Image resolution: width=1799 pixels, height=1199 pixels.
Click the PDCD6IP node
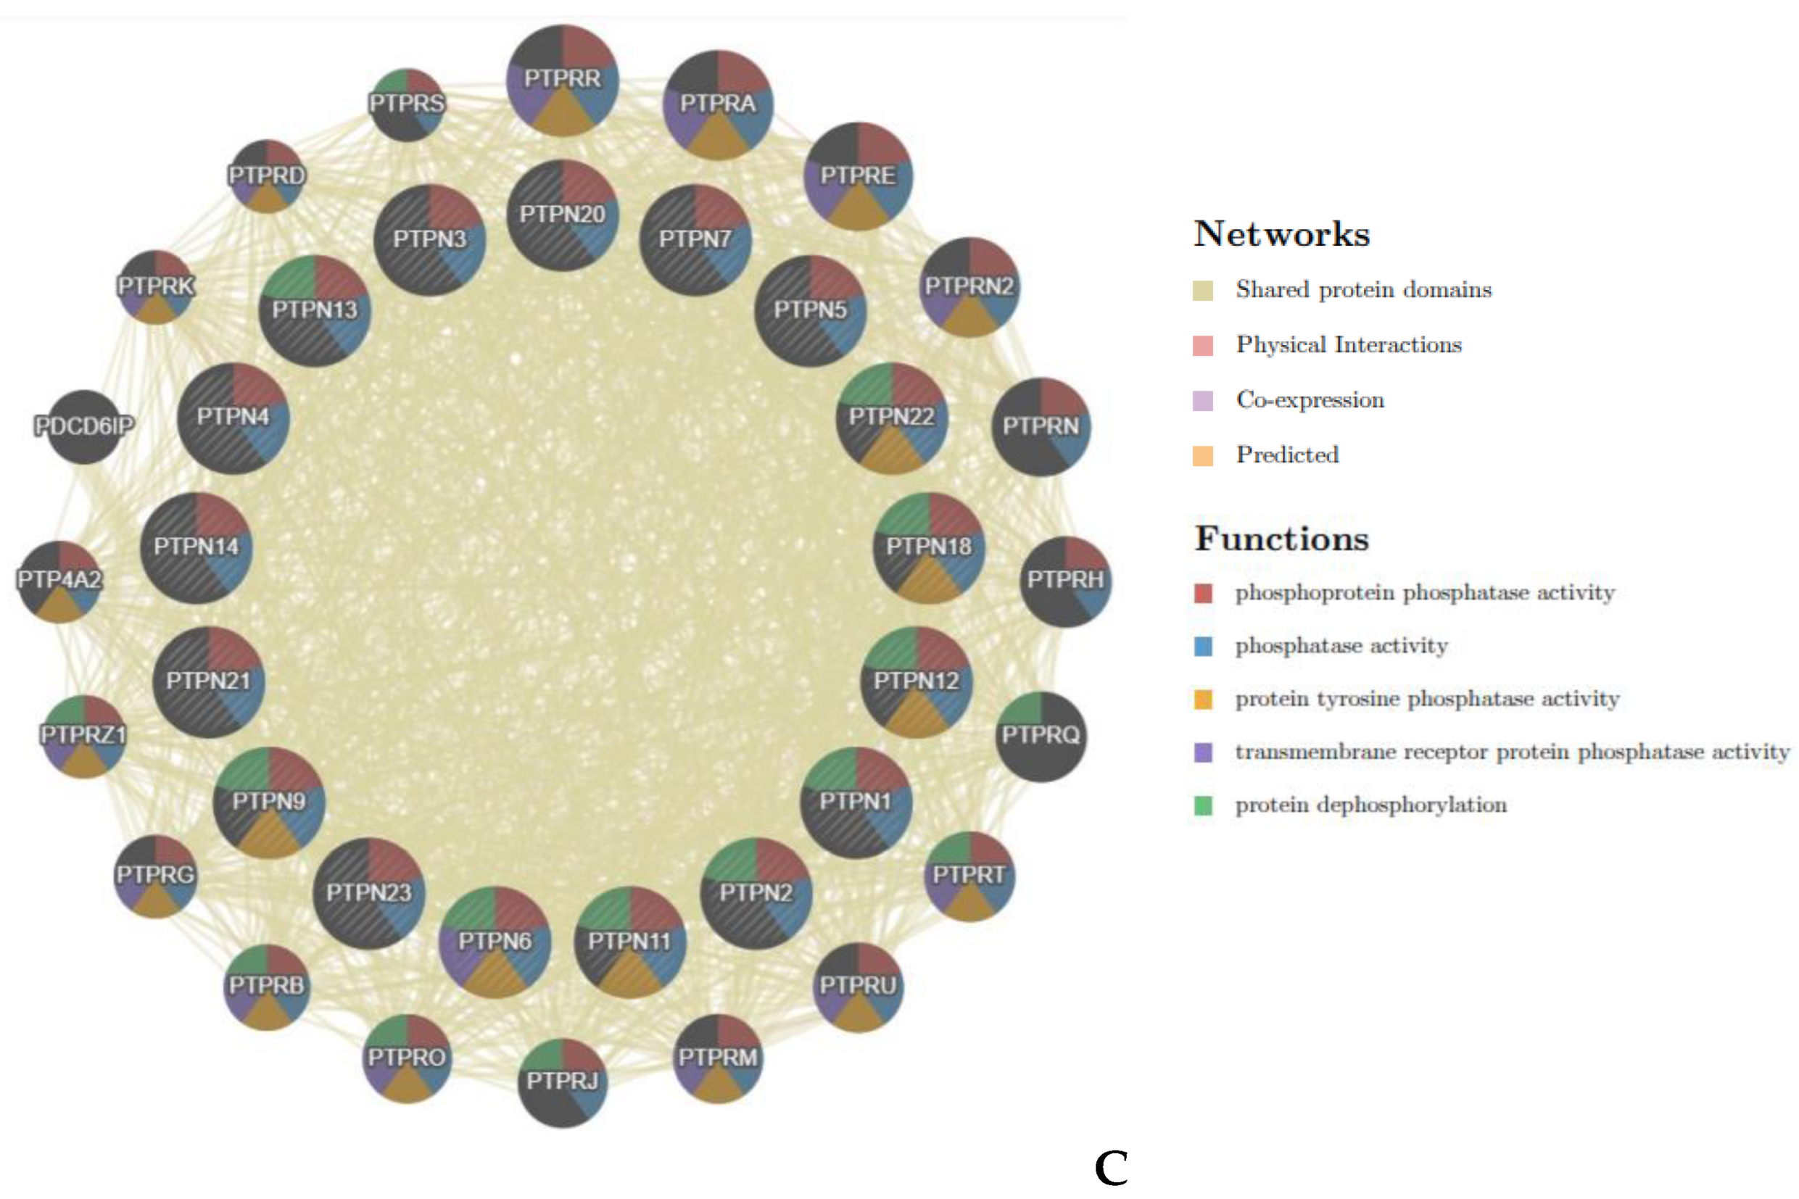(84, 426)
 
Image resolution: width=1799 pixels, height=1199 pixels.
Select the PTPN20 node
(562, 215)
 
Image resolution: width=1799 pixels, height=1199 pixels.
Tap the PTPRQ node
(1041, 736)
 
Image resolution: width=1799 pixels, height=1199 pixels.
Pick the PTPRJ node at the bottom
(562, 1082)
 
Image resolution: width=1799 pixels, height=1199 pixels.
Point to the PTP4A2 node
(59, 581)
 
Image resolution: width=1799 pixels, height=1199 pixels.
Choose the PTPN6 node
(495, 942)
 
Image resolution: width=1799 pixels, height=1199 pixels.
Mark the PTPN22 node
(892, 418)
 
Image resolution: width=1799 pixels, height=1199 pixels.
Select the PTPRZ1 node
(83, 736)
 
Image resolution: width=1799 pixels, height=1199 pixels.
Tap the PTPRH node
(1065, 581)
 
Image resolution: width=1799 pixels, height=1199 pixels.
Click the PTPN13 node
(315, 310)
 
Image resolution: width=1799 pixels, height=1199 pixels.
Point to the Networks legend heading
(1282, 234)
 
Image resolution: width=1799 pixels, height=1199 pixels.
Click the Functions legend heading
(1282, 539)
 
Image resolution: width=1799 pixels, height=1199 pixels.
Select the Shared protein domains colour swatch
(1202, 291)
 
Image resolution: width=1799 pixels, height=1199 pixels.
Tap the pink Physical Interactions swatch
(1202, 346)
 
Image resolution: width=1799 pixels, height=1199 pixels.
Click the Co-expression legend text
(1310, 400)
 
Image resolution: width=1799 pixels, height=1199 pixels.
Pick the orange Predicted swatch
(1202, 456)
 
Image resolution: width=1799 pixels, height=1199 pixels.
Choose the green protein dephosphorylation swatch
(1202, 805)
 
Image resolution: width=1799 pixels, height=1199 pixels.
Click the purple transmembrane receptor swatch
(1202, 752)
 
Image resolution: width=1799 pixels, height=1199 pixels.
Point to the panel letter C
(1111, 1168)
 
